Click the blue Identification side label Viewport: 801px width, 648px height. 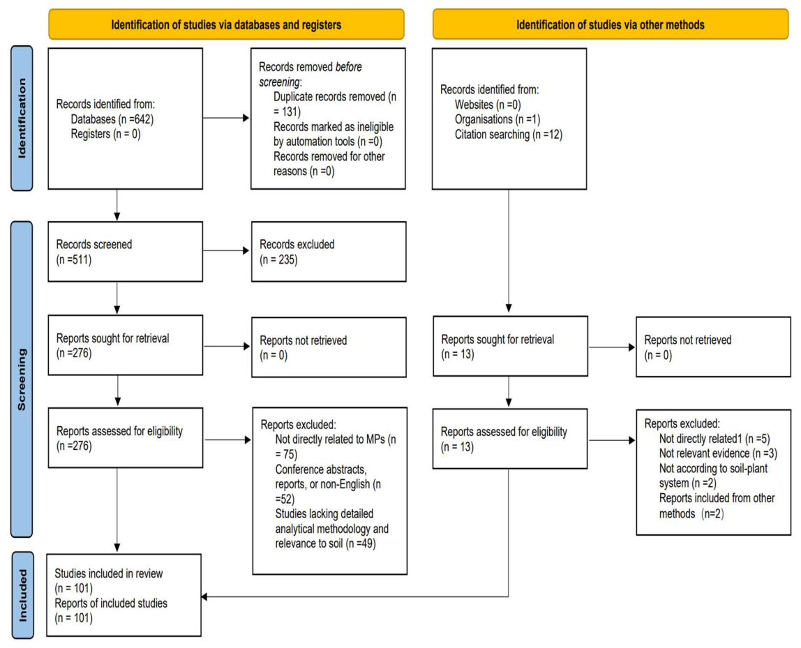(22, 118)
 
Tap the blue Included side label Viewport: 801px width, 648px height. (22, 595)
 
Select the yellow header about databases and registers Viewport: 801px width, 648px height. (226, 24)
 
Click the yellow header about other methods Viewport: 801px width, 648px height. (611, 24)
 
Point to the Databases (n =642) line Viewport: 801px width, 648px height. (112, 119)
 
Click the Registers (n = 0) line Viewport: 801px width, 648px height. (106, 134)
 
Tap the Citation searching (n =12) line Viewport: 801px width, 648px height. (509, 135)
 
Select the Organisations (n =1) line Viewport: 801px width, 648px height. (497, 119)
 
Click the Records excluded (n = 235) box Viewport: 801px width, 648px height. (329, 252)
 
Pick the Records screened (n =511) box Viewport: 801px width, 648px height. (125, 252)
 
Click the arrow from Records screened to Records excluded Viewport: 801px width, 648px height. (226, 250)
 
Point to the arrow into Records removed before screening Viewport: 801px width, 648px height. (226, 118)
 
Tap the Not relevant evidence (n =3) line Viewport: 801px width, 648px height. (718, 453)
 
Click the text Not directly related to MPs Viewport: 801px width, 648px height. (330, 439)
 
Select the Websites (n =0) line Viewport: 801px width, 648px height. (488, 105)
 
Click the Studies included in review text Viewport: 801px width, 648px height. (109, 573)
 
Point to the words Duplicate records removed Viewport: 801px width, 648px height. (329, 96)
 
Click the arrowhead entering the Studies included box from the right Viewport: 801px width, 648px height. (204, 596)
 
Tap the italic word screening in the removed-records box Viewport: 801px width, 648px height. (279, 82)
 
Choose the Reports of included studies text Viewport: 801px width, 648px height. (111, 603)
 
